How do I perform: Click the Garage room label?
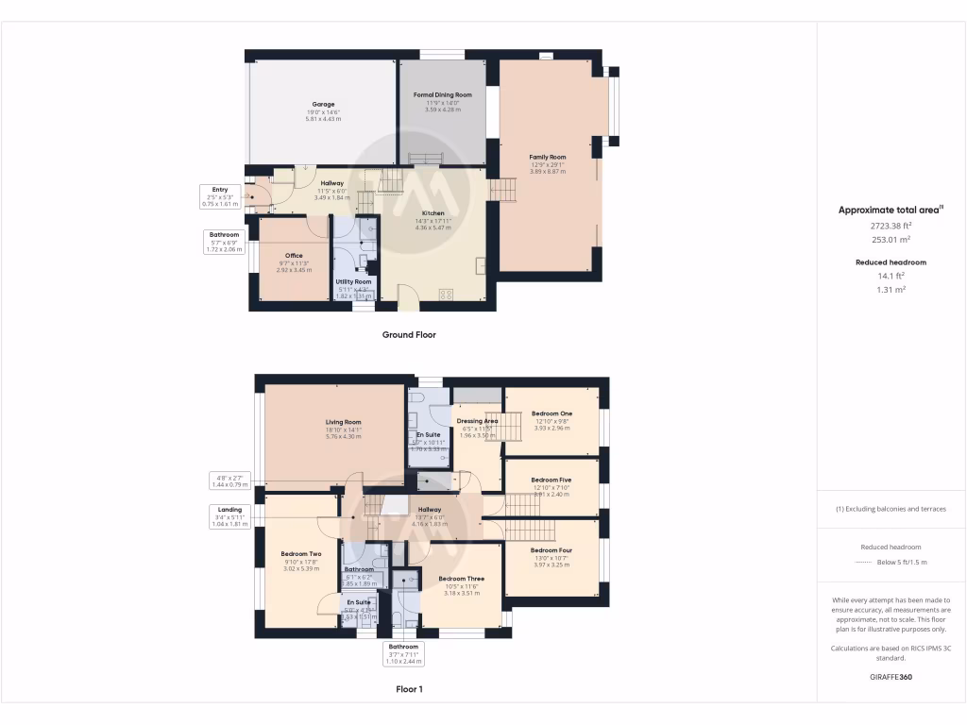pos(323,105)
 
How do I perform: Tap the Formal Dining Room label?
pos(442,95)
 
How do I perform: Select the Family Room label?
pos(547,157)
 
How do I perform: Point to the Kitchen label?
pos(433,213)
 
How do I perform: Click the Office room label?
pos(293,256)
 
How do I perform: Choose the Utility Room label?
pos(354,281)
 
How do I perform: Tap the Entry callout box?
pos(220,196)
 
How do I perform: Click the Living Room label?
pos(344,422)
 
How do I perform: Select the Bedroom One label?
pos(551,413)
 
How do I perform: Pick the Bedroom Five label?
pos(551,480)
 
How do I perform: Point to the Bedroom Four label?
pos(551,550)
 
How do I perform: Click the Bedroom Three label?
pos(461,579)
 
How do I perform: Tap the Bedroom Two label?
pos(301,554)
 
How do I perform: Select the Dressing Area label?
pos(476,421)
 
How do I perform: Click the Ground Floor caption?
pos(409,334)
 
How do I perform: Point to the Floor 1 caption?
pos(409,689)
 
